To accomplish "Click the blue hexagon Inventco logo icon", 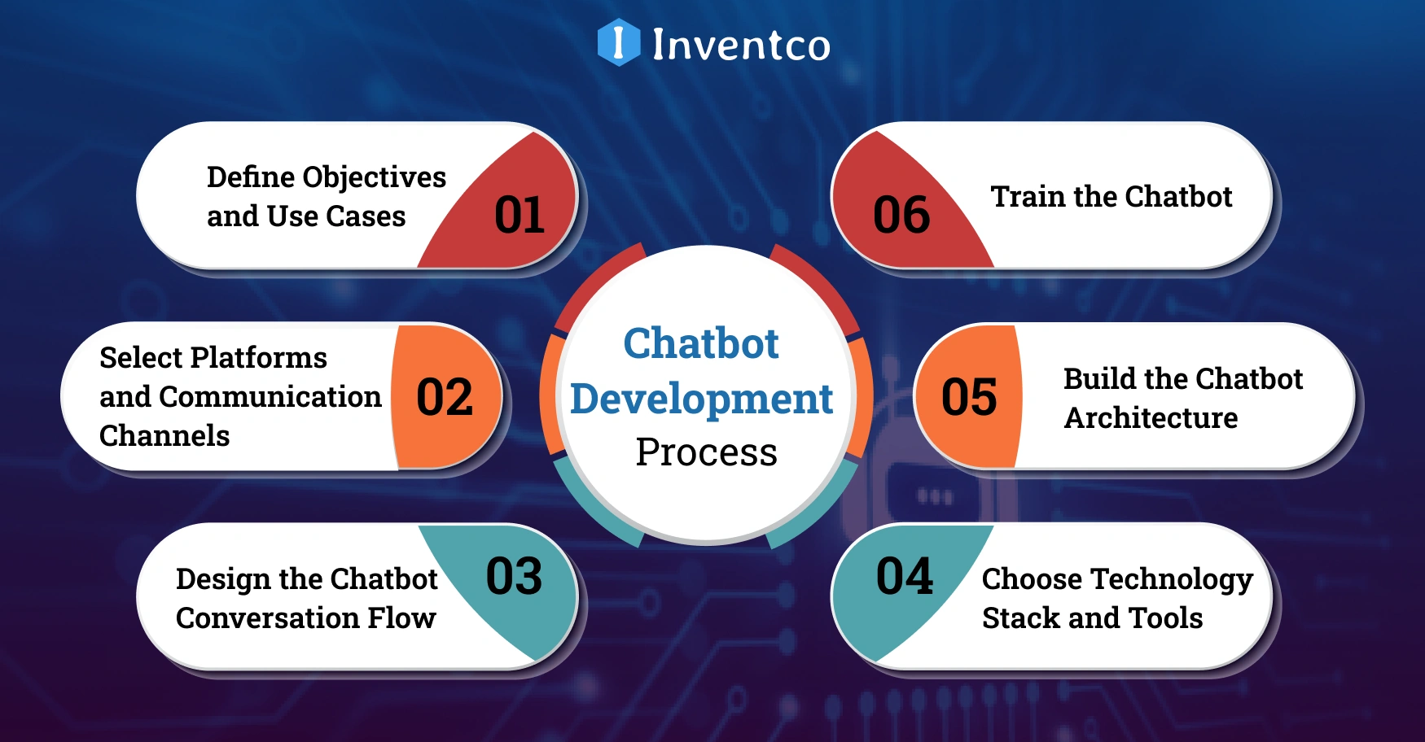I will [x=618, y=42].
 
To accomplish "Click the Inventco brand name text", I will [x=741, y=44].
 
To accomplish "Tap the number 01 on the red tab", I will [x=520, y=216].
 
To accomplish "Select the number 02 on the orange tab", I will [x=445, y=397].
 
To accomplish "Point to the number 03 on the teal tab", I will [x=514, y=576].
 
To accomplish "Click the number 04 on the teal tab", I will [x=904, y=576].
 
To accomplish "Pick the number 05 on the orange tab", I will [x=969, y=397].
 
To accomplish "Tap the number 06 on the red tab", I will [x=901, y=216].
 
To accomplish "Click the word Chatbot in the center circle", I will [x=701, y=343].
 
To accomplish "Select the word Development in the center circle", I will [x=701, y=399].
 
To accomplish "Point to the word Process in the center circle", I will [x=706, y=452].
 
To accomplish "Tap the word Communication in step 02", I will [x=270, y=396].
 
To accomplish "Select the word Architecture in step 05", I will [x=1151, y=417].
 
